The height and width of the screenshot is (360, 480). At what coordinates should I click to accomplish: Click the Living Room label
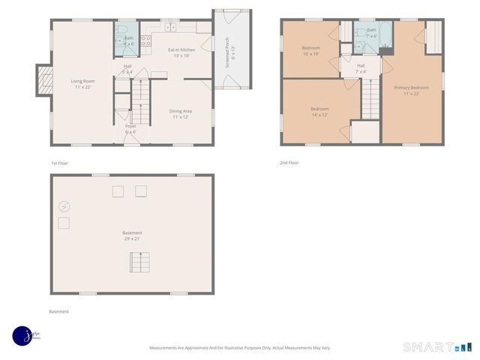pos(82,81)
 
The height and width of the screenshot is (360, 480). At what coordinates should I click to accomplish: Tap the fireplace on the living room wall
pos(43,79)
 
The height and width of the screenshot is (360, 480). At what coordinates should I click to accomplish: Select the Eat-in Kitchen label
pos(181,49)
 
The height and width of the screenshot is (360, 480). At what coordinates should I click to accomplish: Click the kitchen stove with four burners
pos(147,40)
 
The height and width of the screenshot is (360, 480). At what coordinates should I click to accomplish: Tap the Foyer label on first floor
pos(130,126)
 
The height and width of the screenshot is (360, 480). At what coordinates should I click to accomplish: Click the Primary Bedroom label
pos(411,88)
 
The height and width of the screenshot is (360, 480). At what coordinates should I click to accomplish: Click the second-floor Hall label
pos(361,66)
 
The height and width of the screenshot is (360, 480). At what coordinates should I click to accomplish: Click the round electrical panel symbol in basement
pos(64,206)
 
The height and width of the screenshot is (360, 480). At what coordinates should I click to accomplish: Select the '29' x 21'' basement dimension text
pos(132,238)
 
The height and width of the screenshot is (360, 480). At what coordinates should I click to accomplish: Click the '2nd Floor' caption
pos(289,163)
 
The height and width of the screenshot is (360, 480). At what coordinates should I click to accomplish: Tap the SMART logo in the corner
pos(437,346)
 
